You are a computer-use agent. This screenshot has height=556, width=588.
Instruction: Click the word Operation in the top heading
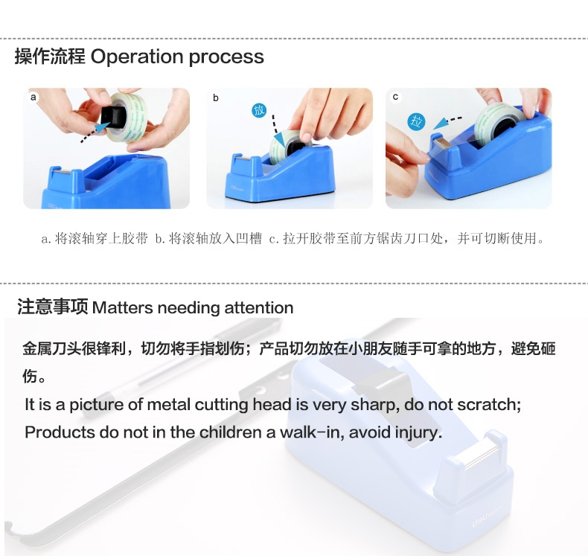tap(138, 57)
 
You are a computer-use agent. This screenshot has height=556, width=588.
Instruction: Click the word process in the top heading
tap(226, 58)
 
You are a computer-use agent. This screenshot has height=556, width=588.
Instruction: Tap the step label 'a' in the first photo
tap(33, 98)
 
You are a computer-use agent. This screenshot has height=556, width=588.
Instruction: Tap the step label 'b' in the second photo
tap(216, 98)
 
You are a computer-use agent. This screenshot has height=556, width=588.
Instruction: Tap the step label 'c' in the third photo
tap(395, 97)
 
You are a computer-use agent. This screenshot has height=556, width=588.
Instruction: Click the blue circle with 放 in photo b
tap(259, 110)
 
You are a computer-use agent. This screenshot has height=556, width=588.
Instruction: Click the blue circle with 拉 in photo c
tap(416, 121)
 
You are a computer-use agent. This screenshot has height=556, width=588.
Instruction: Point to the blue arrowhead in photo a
tap(101, 127)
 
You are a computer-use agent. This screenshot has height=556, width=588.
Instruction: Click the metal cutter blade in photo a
tap(61, 172)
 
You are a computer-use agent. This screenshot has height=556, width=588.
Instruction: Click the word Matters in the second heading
tap(122, 308)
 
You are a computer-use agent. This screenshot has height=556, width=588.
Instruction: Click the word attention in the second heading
tap(259, 308)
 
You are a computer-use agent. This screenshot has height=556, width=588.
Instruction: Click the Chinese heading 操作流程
tap(50, 57)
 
